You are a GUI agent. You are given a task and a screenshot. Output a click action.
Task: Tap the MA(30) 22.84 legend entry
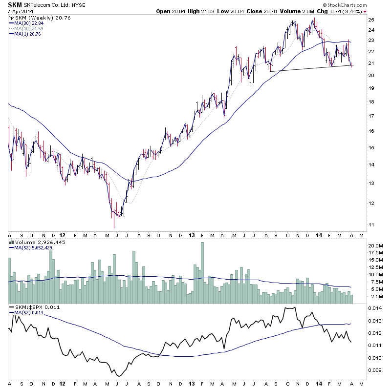(30, 22)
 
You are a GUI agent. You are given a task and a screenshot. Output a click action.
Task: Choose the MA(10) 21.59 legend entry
(30, 28)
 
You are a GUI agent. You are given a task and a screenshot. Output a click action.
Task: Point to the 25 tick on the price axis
(371, 20)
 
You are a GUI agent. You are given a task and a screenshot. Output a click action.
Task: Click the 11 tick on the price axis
(370, 225)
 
